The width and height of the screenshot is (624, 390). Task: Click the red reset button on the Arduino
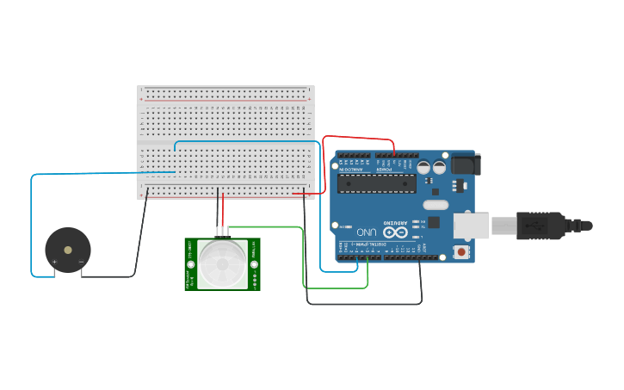462,253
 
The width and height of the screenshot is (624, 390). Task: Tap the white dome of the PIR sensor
222,263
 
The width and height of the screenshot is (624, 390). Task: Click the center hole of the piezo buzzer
68,250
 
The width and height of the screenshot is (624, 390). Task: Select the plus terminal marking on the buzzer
55,262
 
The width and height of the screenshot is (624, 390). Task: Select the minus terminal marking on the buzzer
81,262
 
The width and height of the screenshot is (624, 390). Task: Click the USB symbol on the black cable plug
535,226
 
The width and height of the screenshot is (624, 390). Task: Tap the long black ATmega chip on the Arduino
376,183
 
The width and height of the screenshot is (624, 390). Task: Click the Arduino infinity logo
396,232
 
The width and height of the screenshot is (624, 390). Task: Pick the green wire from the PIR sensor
303,258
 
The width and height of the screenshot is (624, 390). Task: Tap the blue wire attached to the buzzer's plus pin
32,224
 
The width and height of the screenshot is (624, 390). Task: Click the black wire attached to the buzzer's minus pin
138,250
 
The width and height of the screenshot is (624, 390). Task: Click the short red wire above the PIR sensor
223,209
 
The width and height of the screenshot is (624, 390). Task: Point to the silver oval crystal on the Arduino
436,205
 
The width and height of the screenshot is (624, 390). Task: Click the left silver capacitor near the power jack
424,168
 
